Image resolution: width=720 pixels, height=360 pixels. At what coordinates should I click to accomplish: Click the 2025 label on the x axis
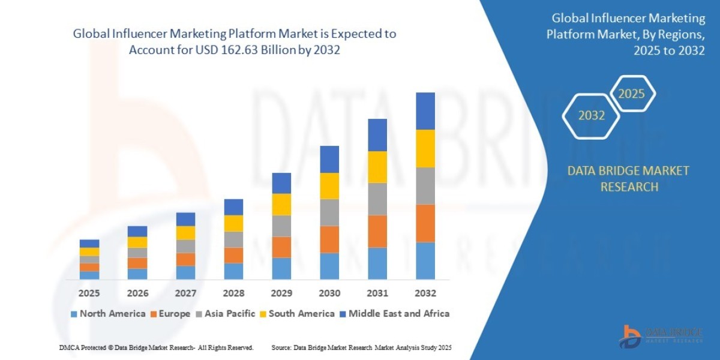coord(89,293)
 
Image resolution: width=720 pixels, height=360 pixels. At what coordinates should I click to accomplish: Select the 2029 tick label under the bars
coord(281,293)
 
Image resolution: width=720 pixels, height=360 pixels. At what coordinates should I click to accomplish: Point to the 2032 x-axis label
coord(425,293)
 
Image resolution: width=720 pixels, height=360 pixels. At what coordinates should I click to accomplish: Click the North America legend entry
coord(108,313)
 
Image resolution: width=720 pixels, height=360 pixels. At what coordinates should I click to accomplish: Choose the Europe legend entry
coord(170,313)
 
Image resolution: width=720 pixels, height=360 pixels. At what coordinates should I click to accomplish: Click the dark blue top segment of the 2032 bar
coord(425,111)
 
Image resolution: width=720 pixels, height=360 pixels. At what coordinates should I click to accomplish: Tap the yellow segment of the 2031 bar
coord(377,167)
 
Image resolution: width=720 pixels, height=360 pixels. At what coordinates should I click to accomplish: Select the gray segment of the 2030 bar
coord(329,212)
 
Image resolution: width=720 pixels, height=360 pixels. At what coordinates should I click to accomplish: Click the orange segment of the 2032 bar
coord(425,223)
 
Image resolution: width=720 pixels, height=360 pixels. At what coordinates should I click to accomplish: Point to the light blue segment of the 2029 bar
coord(281,268)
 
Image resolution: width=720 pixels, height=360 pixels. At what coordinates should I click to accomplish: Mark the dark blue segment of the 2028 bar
coord(233,207)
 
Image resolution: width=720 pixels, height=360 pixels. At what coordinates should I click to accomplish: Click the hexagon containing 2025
coord(631,94)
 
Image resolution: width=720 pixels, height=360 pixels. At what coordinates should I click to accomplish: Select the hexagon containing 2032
coord(592,115)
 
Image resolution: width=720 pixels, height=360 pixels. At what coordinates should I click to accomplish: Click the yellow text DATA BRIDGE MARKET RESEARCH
coord(628,179)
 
